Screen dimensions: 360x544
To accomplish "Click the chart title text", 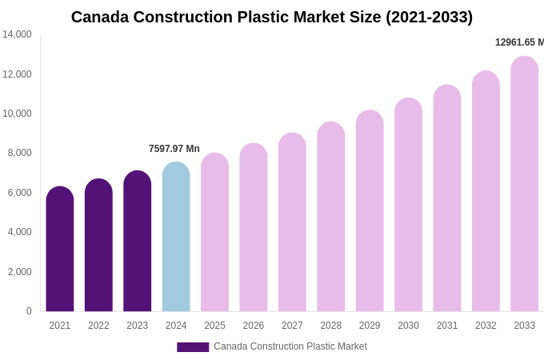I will pyautogui.click(x=272, y=17).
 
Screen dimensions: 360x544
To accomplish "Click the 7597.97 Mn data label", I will pyautogui.click(x=174, y=149).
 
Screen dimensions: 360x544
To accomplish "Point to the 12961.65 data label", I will pyautogui.click(x=519, y=42).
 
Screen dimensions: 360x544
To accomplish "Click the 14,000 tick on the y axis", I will pyautogui.click(x=17, y=34).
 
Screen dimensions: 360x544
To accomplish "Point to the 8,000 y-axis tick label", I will pyautogui.click(x=20, y=153).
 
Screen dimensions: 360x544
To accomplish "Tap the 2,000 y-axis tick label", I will pyautogui.click(x=20, y=272).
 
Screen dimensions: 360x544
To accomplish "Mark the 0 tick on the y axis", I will pyautogui.click(x=29, y=311).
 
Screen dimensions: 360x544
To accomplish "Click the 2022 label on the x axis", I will pyautogui.click(x=98, y=326).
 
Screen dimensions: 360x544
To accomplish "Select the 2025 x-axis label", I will pyautogui.click(x=214, y=326).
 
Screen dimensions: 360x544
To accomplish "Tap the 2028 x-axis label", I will pyautogui.click(x=331, y=326).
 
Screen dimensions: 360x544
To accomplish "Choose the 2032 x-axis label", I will pyautogui.click(x=486, y=326).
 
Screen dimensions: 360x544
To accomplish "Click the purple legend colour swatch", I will pyautogui.click(x=193, y=347).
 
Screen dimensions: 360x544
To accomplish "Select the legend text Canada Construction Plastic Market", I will pyautogui.click(x=290, y=346).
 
